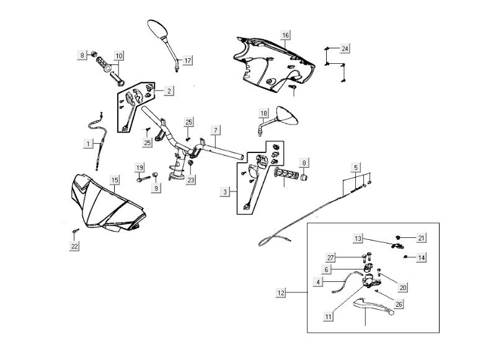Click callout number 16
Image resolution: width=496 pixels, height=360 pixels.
click(285, 35)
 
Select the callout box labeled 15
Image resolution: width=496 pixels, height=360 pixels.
click(115, 180)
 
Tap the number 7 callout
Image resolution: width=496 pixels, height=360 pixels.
click(215, 130)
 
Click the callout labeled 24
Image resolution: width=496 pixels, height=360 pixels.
click(345, 48)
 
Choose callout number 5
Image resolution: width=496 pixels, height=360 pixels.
click(355, 167)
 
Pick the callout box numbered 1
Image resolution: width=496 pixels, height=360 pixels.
click(90, 144)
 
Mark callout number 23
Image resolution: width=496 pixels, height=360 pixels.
click(191, 180)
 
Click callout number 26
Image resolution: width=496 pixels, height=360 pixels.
click(399, 304)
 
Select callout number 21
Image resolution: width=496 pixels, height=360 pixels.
click(421, 238)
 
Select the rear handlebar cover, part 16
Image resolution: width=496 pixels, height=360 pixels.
click(273, 62)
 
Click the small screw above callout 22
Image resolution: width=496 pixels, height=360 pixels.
click(76, 231)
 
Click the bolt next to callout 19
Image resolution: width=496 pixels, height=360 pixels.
click(144, 180)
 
